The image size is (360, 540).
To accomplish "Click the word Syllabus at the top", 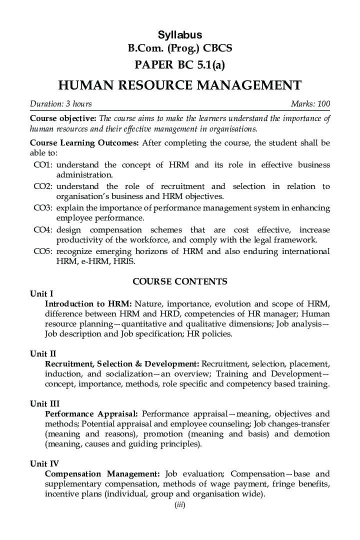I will pos(180,35).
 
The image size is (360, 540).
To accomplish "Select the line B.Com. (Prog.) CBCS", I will pos(180,48).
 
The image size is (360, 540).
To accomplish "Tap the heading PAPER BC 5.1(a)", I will pos(180,65).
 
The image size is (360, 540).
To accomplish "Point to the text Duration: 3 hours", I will pos(61,104).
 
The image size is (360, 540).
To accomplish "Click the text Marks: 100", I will pos(310,104).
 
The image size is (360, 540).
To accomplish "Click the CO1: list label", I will pos(43,165).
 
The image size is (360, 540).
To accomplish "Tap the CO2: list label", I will pos(43,186).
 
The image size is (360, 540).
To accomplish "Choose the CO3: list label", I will pos(43,208).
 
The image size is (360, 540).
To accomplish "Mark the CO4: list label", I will pos(43,229).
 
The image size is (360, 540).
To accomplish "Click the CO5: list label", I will pos(43,251).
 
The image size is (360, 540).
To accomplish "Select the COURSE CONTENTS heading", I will pos(180,281).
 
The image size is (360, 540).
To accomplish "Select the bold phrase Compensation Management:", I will pos(102,473).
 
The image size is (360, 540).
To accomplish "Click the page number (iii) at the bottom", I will pos(180,505).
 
